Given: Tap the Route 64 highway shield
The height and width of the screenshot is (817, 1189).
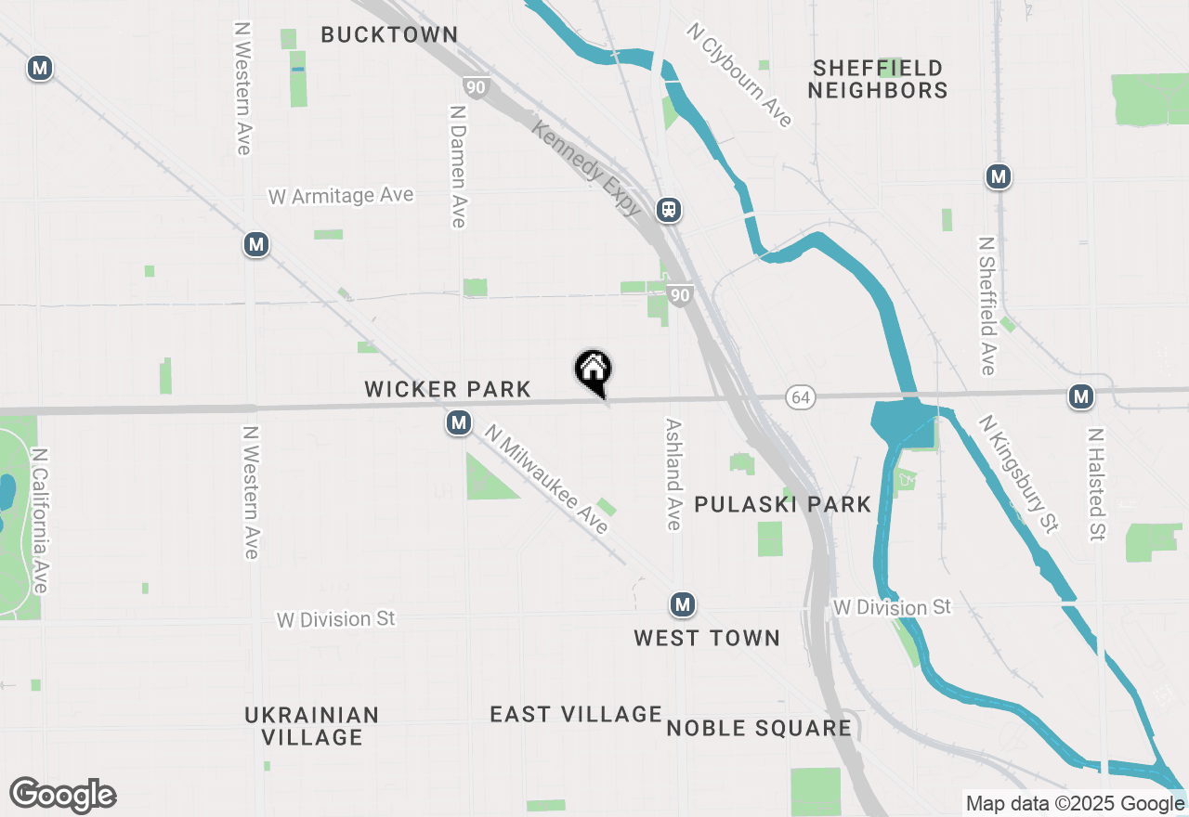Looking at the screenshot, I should click(x=800, y=397).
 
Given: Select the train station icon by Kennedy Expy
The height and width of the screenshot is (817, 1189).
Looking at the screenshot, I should click(x=669, y=210).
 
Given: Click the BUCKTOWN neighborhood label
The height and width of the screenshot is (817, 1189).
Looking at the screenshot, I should click(x=389, y=35).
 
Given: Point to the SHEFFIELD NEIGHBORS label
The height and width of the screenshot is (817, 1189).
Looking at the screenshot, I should click(x=877, y=79).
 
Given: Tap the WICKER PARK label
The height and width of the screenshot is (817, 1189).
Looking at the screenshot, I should click(x=448, y=389).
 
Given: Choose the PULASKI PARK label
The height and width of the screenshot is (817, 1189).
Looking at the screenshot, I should click(x=782, y=504).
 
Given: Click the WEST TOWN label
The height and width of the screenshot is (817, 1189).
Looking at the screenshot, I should click(x=707, y=638).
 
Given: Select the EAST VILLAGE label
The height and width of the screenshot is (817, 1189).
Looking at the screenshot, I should click(x=576, y=714).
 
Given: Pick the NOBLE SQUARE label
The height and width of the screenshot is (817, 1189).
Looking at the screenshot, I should click(x=759, y=728).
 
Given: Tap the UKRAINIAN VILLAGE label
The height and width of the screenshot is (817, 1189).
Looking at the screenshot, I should click(x=312, y=726).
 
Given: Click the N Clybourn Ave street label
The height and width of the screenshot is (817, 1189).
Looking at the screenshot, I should click(x=740, y=75).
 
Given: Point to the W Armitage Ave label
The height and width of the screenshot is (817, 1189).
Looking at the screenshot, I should click(x=341, y=196).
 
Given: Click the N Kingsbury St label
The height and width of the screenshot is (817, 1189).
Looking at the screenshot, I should click(x=1019, y=474).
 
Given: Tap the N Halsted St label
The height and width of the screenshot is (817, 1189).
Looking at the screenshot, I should click(x=1097, y=485).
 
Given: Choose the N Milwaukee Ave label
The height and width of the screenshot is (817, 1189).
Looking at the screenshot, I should click(x=546, y=479).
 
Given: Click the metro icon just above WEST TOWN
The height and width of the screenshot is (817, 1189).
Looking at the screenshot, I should click(x=683, y=605).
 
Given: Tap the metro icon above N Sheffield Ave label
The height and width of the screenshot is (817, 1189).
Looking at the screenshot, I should click(x=999, y=176).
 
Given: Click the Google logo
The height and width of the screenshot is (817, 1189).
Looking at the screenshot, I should click(x=63, y=796).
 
